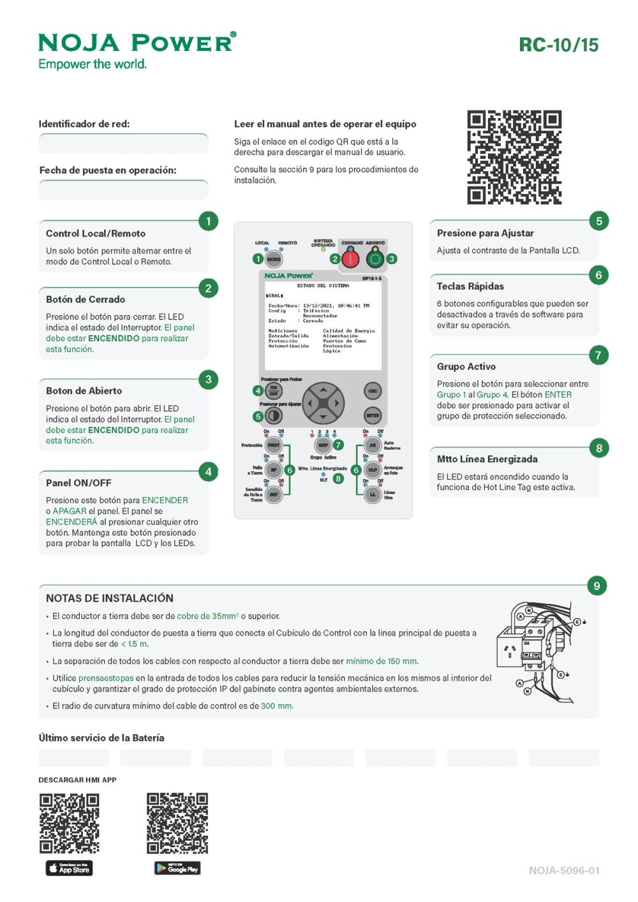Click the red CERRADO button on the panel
(x=350, y=258)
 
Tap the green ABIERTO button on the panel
(x=375, y=258)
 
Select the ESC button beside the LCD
(x=373, y=391)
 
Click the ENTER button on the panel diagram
(x=373, y=415)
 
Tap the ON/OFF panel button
(x=274, y=390)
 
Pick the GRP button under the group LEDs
(x=323, y=445)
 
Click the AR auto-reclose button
(x=373, y=445)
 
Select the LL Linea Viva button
(x=373, y=494)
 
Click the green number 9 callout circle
(x=597, y=586)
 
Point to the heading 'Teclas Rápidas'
(x=470, y=286)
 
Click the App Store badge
(x=69, y=868)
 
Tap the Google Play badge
(x=177, y=868)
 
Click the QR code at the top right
(x=514, y=157)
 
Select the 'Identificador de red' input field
(x=123, y=144)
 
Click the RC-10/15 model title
(x=558, y=45)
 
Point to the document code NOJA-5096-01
(x=564, y=870)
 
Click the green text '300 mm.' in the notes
(x=277, y=706)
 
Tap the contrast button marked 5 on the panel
(x=274, y=416)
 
